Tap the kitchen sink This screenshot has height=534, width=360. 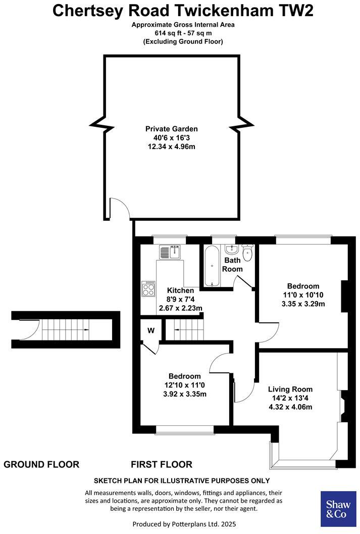(x=169, y=252)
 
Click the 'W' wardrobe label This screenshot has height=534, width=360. (x=151, y=331)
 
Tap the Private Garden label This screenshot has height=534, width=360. (x=172, y=129)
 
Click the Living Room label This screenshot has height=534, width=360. (x=290, y=389)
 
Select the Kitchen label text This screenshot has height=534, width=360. (x=180, y=290)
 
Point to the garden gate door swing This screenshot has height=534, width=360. (x=120, y=208)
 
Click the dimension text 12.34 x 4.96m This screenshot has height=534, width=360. (x=172, y=147)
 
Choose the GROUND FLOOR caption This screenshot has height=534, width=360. (x=41, y=464)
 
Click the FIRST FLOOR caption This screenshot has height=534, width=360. (x=162, y=464)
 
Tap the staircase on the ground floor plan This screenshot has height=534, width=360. (x=66, y=330)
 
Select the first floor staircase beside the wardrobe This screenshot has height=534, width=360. (x=184, y=331)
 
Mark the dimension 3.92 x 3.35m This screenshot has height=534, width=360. (x=184, y=394)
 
